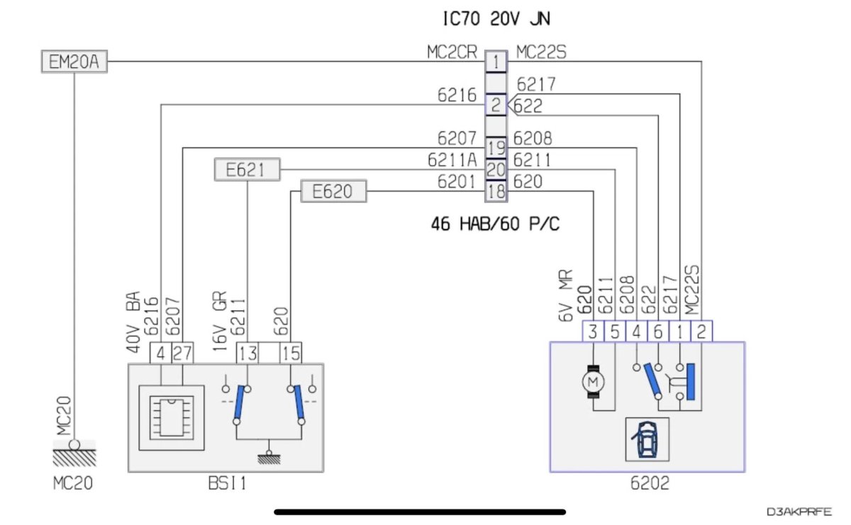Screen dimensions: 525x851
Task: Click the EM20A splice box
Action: pos(73,62)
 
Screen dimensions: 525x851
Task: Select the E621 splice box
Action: pos(247,170)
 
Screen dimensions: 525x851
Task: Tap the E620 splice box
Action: pos(335,191)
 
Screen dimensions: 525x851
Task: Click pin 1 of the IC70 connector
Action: pos(496,62)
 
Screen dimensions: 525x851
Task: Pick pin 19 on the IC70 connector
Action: pos(496,148)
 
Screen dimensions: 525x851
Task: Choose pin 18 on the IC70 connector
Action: pos(496,191)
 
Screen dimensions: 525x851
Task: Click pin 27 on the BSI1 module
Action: pos(182,354)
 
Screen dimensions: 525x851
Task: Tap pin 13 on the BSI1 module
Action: pos(247,354)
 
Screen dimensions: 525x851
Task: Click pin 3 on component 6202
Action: pos(592,331)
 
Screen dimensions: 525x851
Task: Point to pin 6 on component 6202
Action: pos(659,331)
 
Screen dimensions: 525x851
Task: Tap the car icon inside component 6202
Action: pos(646,439)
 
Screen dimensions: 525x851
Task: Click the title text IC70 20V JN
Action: pos(496,19)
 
